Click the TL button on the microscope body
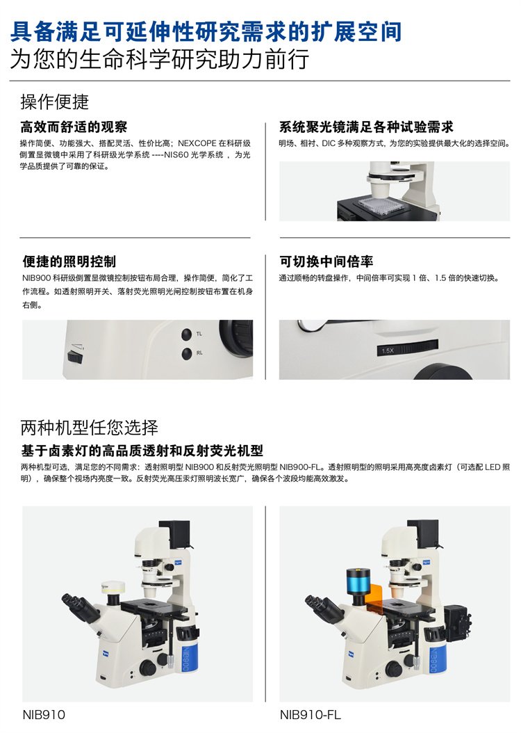click(186, 334)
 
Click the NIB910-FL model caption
click(310, 714)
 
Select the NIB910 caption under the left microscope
click(44, 714)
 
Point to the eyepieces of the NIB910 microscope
click(78, 606)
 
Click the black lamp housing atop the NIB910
click(176, 533)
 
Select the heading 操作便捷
click(55, 102)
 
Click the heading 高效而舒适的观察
click(74, 127)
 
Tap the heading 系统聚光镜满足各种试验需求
click(366, 127)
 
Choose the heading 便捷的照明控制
click(69, 261)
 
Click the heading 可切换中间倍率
click(326, 261)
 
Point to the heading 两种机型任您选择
click(89, 427)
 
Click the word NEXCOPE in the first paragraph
click(197, 143)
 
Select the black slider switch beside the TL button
click(75, 357)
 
